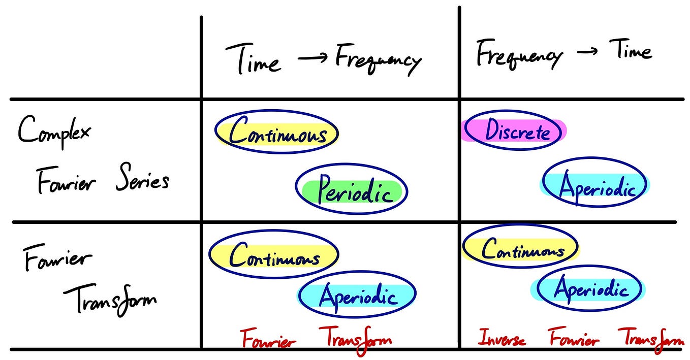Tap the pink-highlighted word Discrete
pos(517,132)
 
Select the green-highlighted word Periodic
pos(354,192)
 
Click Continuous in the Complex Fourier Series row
pos(277,134)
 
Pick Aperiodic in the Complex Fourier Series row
pos(595,188)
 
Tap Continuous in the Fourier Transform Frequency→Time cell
pos(522,250)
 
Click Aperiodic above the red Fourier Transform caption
pos(357,294)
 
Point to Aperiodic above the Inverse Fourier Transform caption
pos(590,290)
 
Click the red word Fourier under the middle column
pos(268,339)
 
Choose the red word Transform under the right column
pos(650,339)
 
